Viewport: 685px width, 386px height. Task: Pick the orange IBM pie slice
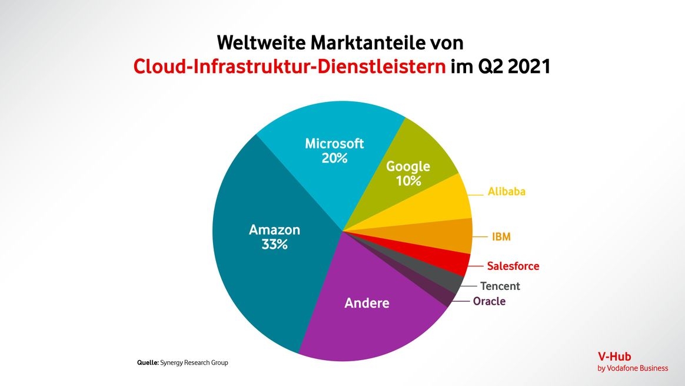pyautogui.click(x=453, y=235)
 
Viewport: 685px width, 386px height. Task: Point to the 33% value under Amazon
pyautogui.click(x=274, y=244)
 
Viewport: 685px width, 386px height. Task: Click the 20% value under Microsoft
pyautogui.click(x=334, y=158)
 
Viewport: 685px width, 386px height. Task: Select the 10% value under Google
pyautogui.click(x=408, y=181)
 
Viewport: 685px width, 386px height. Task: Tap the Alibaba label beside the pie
pyautogui.click(x=506, y=192)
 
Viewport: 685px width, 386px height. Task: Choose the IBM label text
pyautogui.click(x=501, y=237)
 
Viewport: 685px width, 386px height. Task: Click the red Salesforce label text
pyautogui.click(x=513, y=266)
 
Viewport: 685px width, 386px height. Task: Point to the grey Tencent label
pyautogui.click(x=500, y=286)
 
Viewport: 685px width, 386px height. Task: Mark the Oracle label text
pyautogui.click(x=489, y=302)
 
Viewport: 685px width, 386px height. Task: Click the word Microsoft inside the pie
pyautogui.click(x=334, y=144)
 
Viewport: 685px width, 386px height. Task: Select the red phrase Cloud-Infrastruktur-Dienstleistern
pyautogui.click(x=289, y=66)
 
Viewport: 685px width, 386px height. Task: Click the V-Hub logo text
pyautogui.click(x=614, y=357)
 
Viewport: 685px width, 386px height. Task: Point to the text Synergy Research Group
pyautogui.click(x=194, y=363)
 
